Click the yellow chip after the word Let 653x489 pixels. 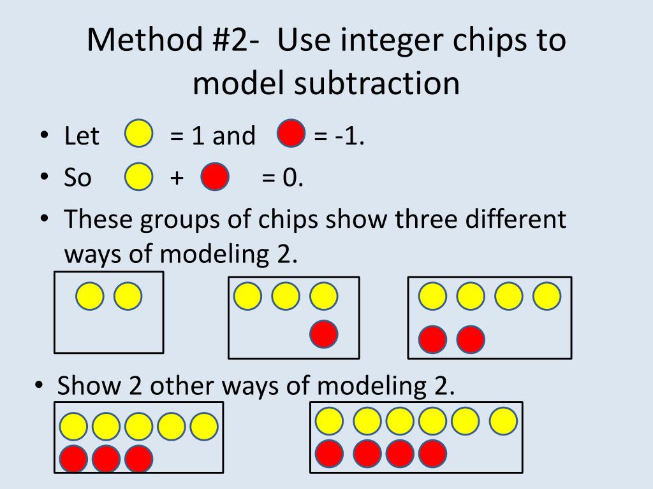(138, 135)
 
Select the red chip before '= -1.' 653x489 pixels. (291, 135)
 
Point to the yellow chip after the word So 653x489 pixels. (138, 178)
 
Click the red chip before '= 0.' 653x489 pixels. (215, 178)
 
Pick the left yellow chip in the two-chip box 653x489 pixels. (90, 297)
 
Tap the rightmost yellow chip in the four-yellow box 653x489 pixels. (547, 296)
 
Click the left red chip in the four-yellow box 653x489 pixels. (432, 339)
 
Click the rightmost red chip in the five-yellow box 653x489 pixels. (138, 458)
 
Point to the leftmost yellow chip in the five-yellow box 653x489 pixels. (74, 427)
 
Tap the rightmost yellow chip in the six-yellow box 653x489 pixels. (503, 420)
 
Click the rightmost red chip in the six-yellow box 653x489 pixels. (433, 453)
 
